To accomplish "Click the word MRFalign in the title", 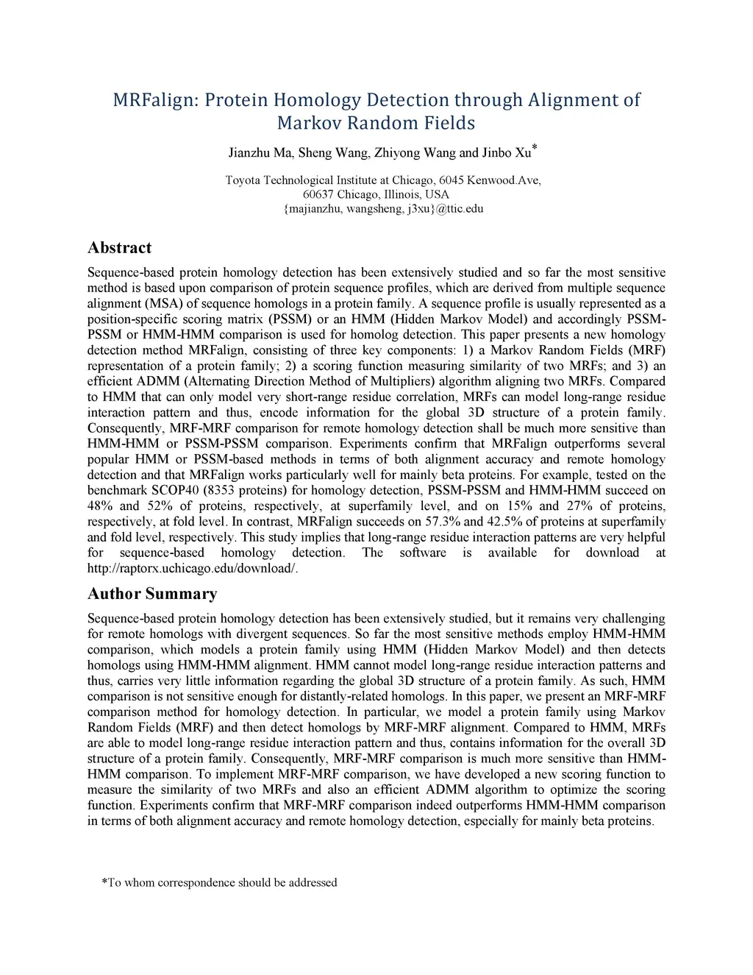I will pos(155,100).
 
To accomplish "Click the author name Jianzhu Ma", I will pos(260,153).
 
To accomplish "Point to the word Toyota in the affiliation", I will pos(243,180).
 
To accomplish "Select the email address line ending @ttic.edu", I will pos(383,208).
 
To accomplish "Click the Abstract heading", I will pos(119,248).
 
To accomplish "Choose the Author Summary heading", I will pos(152,594).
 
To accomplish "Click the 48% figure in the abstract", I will pos(99,506).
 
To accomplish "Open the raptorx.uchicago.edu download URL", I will pos(193,568).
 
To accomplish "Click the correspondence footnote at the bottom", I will pos(219,882).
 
